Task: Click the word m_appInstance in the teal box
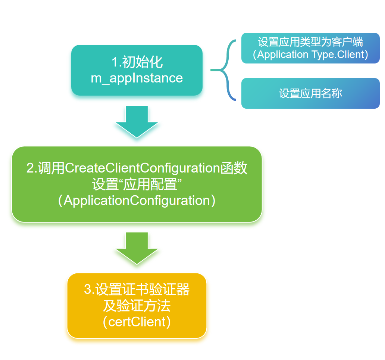point(137,78)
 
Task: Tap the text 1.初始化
point(137,62)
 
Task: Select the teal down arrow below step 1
point(137,122)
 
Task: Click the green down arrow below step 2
point(137,248)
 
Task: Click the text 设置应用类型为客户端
point(310,42)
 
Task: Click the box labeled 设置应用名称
point(310,93)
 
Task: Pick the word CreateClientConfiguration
point(143,168)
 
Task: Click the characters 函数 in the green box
point(234,168)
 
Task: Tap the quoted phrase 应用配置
point(150,184)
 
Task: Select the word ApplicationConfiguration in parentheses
point(137,201)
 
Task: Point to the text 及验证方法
point(137,306)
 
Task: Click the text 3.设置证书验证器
point(137,289)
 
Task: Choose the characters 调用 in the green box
point(51,168)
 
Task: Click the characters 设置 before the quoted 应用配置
point(105,184)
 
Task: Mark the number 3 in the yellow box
point(88,289)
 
